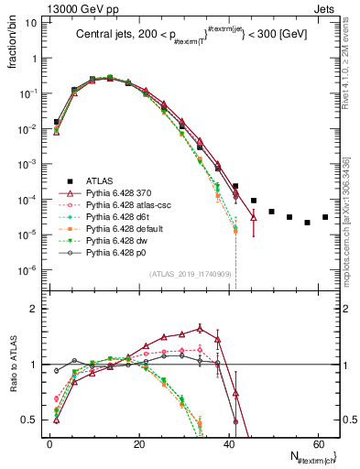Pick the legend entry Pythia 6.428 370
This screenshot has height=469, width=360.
coord(114,193)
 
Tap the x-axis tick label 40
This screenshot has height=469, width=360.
coord(228,443)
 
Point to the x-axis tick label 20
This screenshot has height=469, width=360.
coord(138,443)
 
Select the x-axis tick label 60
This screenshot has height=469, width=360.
coord(317,443)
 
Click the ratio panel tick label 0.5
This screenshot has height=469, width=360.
coord(30,420)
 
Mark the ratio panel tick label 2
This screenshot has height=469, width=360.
coord(34,310)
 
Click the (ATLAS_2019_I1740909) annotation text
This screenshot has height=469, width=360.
coord(191,276)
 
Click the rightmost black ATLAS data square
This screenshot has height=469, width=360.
coord(324,217)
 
